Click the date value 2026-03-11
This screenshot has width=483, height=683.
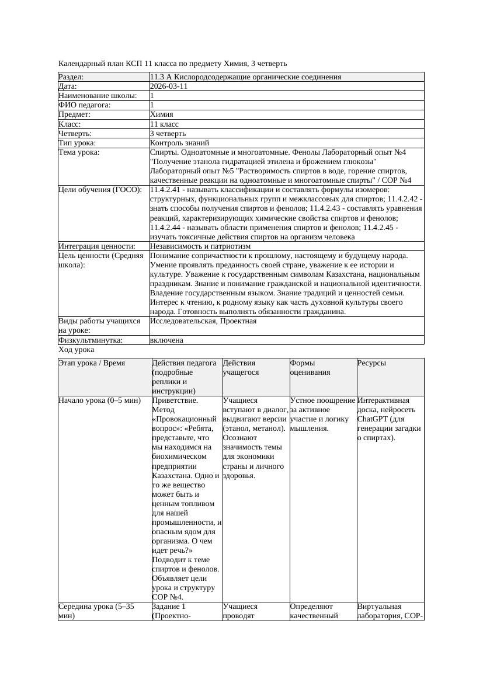click(x=169, y=86)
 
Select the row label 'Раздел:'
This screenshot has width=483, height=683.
click(x=71, y=77)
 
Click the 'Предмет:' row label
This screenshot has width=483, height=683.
click(x=75, y=114)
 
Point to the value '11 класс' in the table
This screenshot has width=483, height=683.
click(x=164, y=124)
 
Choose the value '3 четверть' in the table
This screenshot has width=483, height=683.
click(x=168, y=133)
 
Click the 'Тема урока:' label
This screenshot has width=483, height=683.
click(x=79, y=152)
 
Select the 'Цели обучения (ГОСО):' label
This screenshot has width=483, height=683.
click(x=100, y=190)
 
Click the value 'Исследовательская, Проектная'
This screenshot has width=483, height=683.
click(x=203, y=321)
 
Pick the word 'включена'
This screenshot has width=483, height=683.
click(x=166, y=340)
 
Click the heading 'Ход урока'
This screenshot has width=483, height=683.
click(x=77, y=349)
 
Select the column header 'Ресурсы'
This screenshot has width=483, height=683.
click(x=371, y=363)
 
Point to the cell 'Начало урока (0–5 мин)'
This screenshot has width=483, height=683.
click(x=100, y=400)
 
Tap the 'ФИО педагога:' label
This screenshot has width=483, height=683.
click(x=85, y=105)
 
